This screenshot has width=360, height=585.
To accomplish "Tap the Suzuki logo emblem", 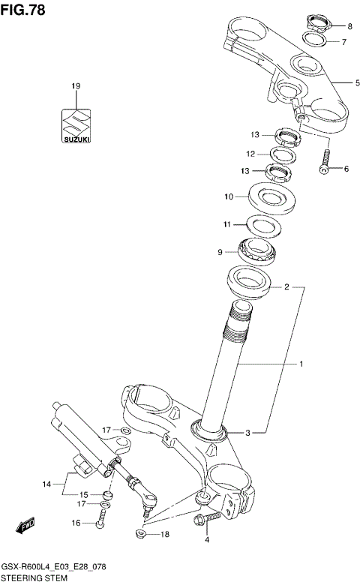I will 75,126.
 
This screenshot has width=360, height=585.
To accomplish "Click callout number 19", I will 75,88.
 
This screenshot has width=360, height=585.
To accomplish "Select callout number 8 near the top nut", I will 348,26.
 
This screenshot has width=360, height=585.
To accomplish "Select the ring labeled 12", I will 282,154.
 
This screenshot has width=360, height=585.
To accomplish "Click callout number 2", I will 285,286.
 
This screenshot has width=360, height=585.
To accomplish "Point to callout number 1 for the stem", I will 301,364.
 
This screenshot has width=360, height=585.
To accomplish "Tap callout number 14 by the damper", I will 46,484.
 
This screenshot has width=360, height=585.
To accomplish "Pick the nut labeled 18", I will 140,533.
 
